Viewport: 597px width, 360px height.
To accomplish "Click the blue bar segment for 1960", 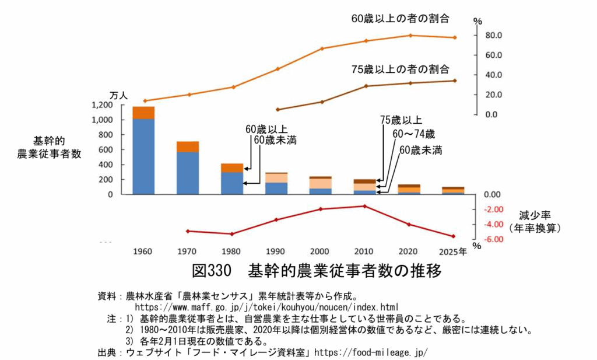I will (x=143, y=156).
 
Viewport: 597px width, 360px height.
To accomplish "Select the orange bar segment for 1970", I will (x=188, y=146).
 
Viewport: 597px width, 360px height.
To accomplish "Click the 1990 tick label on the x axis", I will (x=275, y=252).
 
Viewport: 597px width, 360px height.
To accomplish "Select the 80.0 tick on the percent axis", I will (x=494, y=36).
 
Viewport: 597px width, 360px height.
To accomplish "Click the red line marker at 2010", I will (x=365, y=206).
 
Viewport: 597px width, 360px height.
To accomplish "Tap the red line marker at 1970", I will (x=188, y=231).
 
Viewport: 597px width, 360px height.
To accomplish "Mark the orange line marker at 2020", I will (x=410, y=36).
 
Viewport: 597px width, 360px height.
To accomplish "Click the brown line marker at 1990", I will (x=278, y=110).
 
